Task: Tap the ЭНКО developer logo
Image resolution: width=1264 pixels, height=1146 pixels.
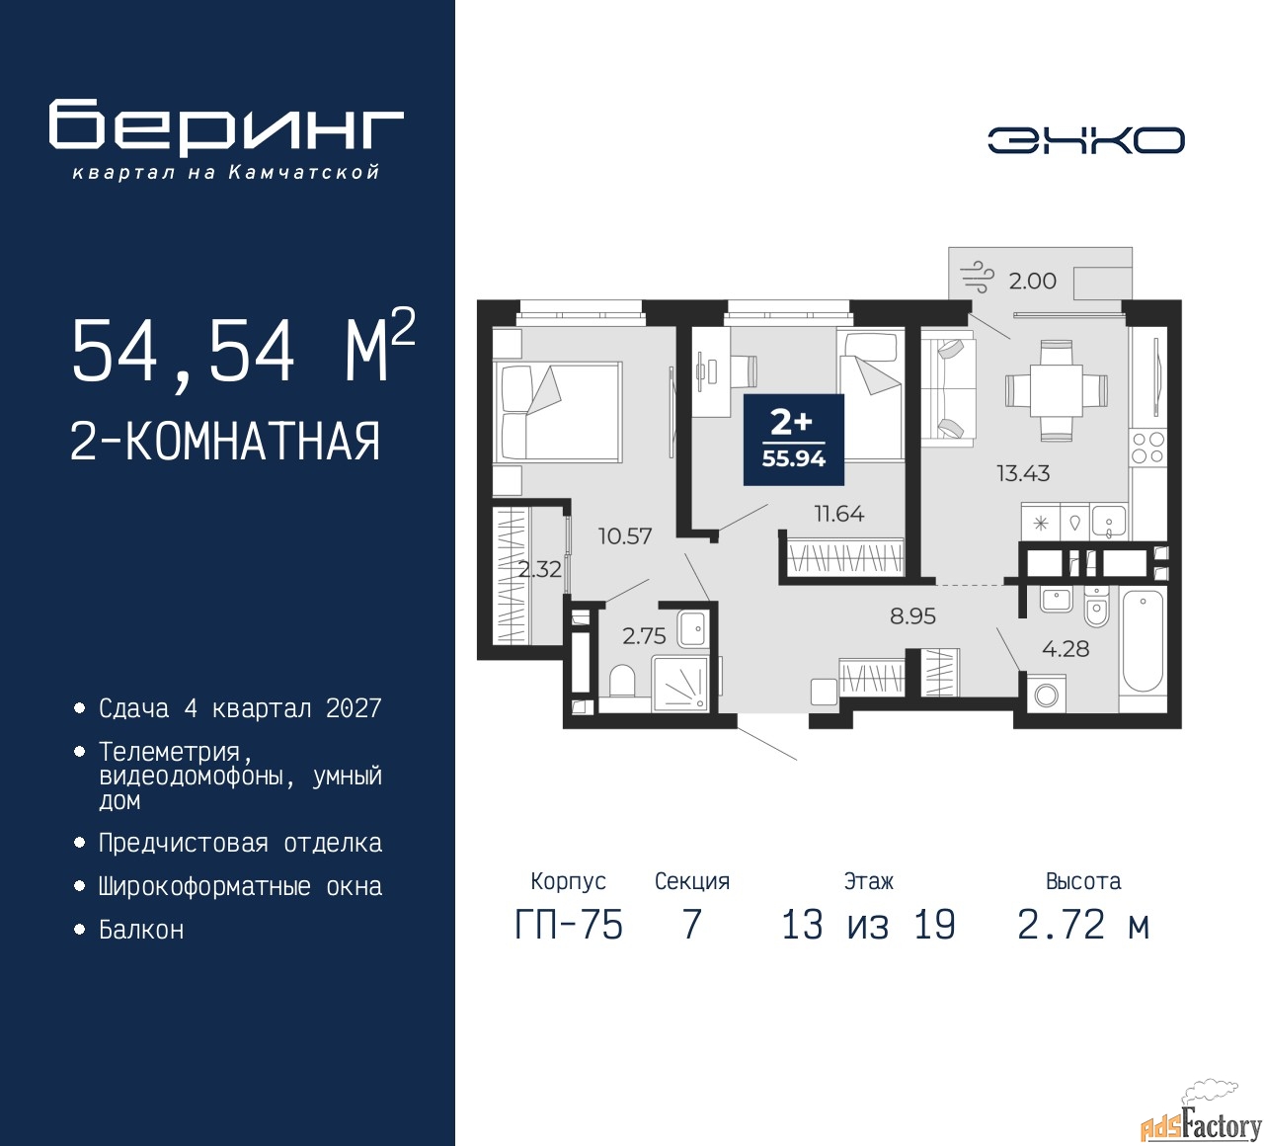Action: tap(1085, 140)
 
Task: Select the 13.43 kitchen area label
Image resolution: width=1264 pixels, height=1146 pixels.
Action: tap(1023, 473)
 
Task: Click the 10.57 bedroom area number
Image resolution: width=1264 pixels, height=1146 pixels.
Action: tap(624, 535)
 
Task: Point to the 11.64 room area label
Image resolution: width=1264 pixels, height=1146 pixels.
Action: tap(838, 514)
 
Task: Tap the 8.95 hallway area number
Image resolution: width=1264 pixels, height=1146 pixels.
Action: tap(912, 615)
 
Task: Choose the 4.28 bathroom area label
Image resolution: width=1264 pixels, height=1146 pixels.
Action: tap(1066, 648)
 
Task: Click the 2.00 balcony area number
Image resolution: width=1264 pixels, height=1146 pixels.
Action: tap(1032, 281)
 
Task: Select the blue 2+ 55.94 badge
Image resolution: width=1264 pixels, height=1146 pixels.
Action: tap(793, 440)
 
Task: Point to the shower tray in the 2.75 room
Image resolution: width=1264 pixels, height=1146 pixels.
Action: tap(679, 685)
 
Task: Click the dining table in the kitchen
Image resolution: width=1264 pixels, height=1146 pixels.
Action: tap(1056, 391)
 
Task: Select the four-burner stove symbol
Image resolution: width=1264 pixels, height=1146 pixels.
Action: tap(1147, 448)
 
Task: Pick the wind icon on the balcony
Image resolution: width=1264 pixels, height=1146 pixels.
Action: tap(977, 277)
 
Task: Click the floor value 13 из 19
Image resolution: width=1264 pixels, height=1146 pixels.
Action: tap(868, 926)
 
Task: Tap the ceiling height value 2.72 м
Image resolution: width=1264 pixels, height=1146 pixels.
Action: tap(1083, 926)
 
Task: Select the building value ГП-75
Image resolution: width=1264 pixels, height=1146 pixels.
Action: tap(569, 926)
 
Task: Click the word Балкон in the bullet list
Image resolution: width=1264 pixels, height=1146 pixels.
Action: tap(141, 930)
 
